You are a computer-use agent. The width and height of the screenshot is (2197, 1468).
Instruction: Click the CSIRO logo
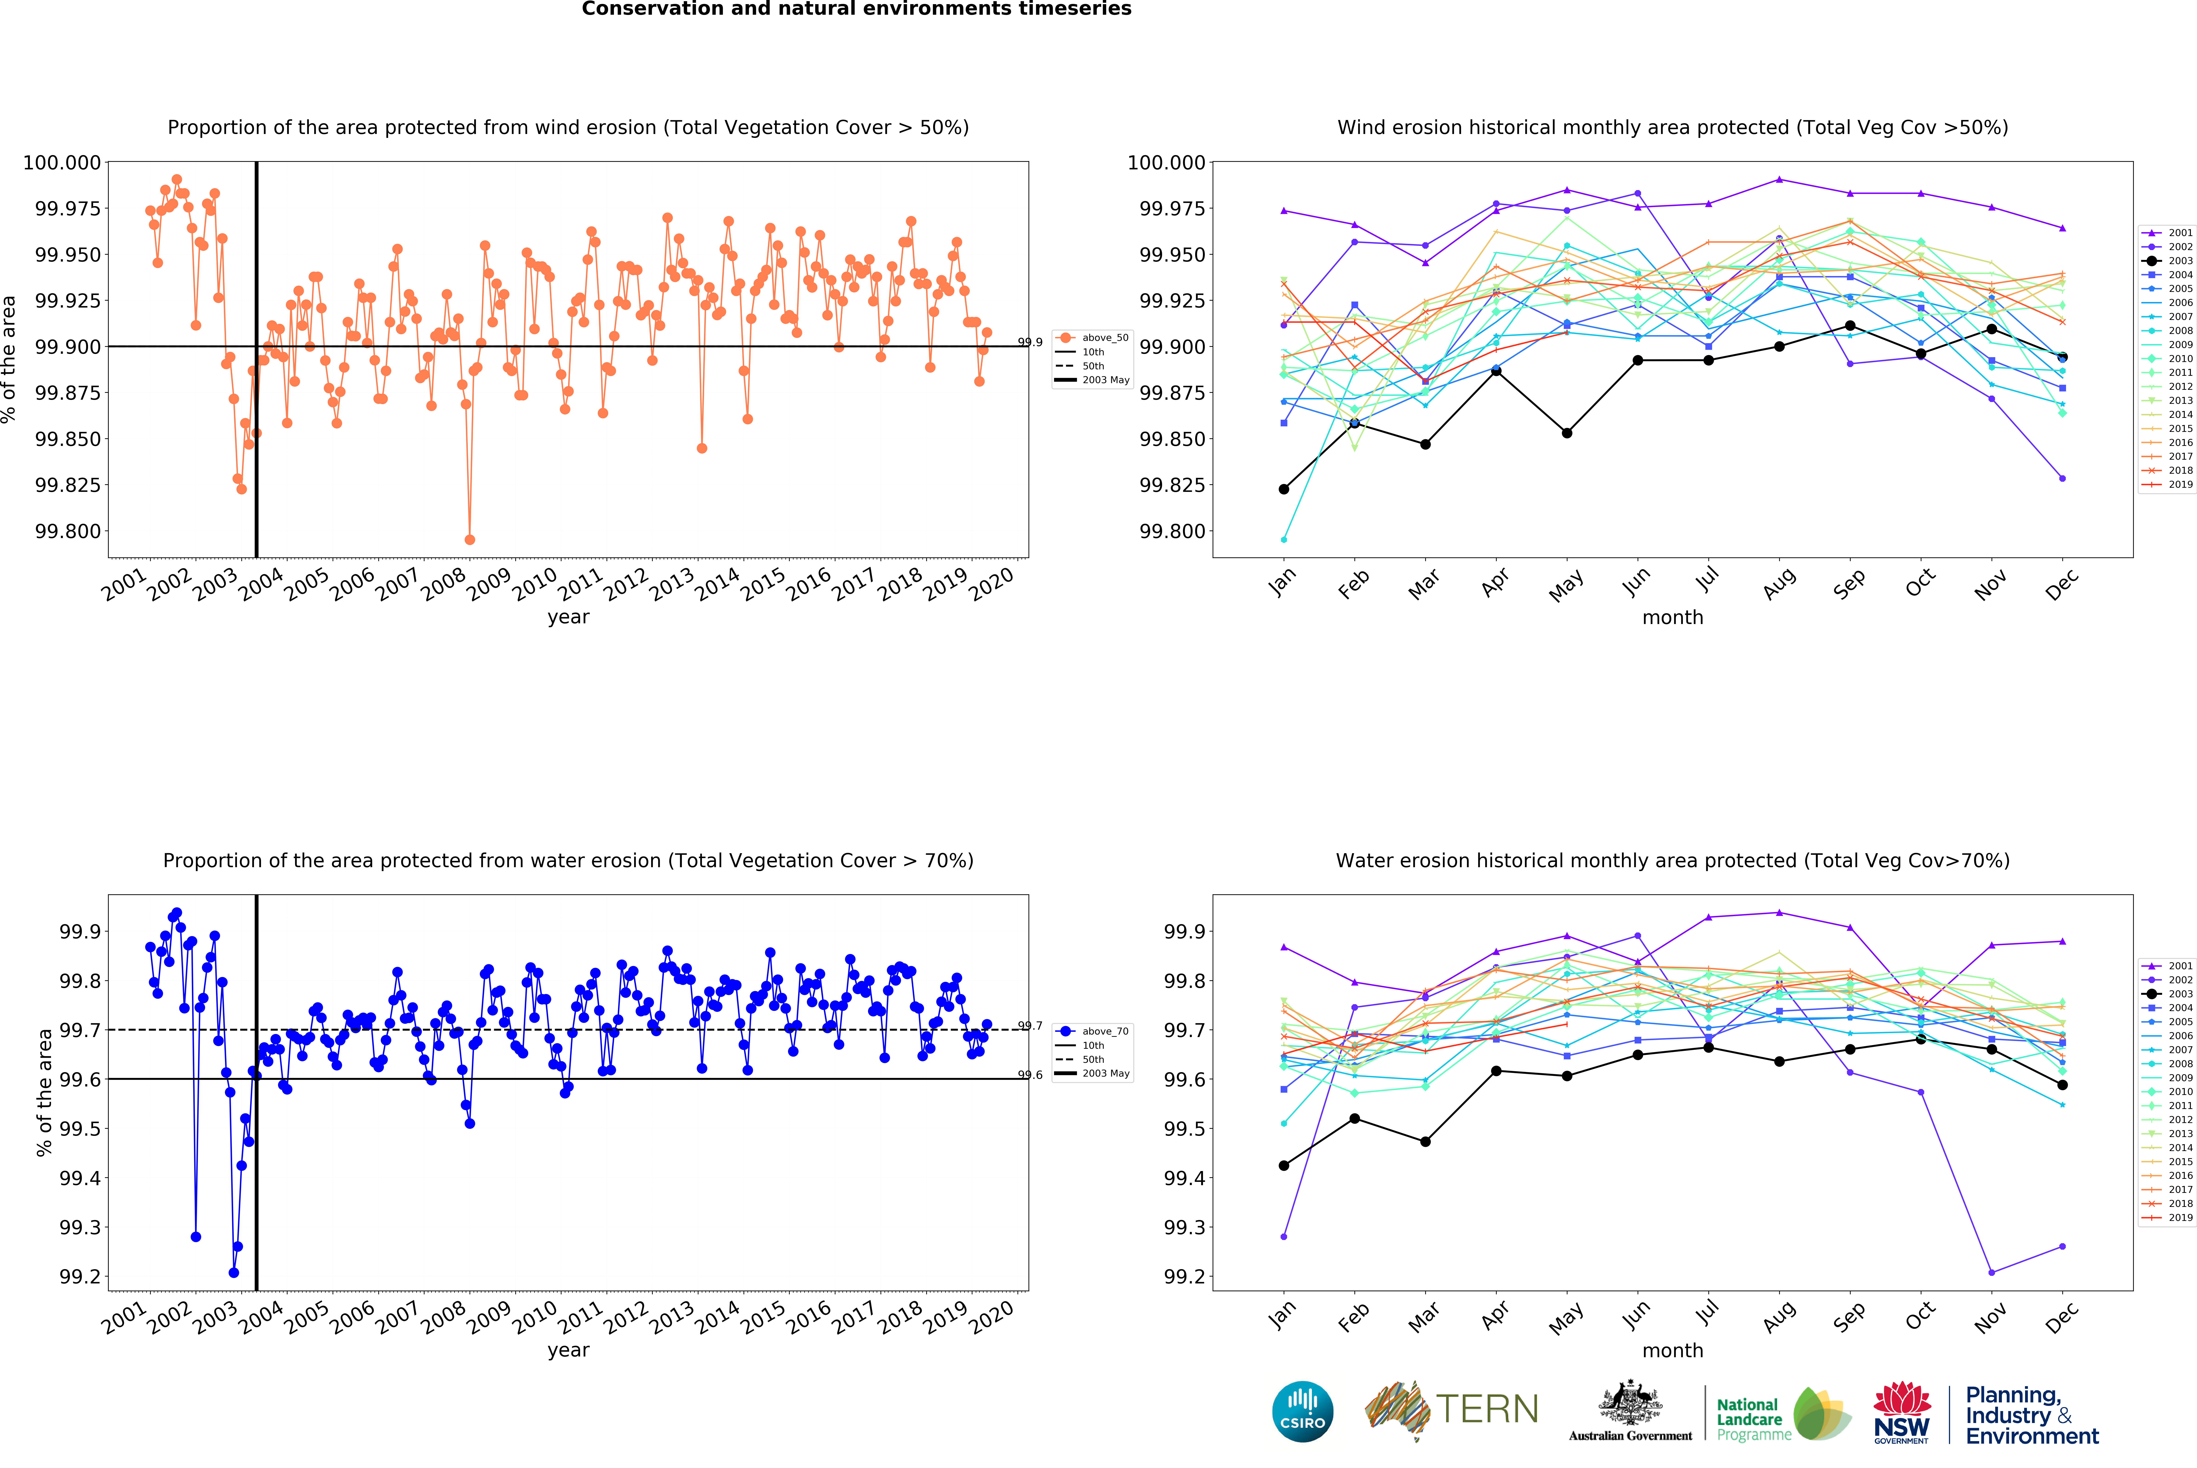click(1302, 1411)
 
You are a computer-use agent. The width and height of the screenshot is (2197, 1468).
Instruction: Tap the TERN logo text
click(1487, 1409)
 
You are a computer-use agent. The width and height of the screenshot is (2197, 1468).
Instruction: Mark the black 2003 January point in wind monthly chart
click(1283, 489)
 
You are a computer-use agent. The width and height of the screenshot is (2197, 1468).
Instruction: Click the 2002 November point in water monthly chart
click(1991, 1272)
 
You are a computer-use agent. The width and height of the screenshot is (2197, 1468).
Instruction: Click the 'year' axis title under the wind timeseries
click(568, 617)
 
